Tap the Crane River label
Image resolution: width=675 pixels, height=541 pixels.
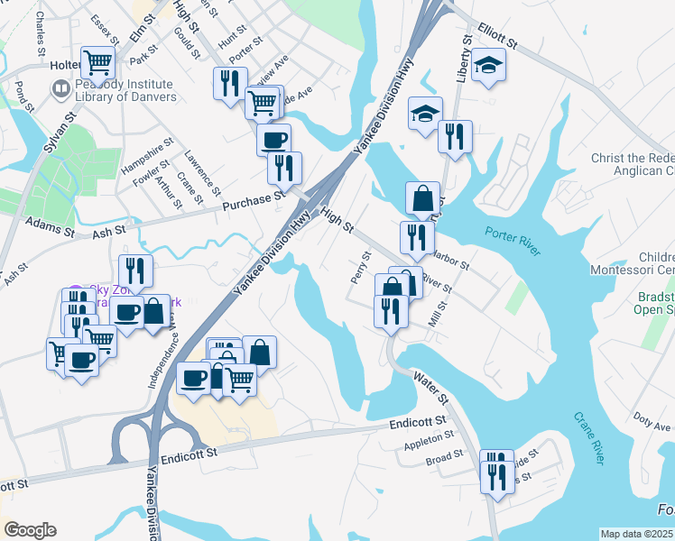click(587, 438)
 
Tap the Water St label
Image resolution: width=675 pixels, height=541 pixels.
click(430, 385)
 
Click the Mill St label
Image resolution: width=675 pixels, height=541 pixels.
click(439, 316)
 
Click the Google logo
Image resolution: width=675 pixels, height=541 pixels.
click(30, 530)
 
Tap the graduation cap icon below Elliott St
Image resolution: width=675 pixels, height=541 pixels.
click(488, 66)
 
